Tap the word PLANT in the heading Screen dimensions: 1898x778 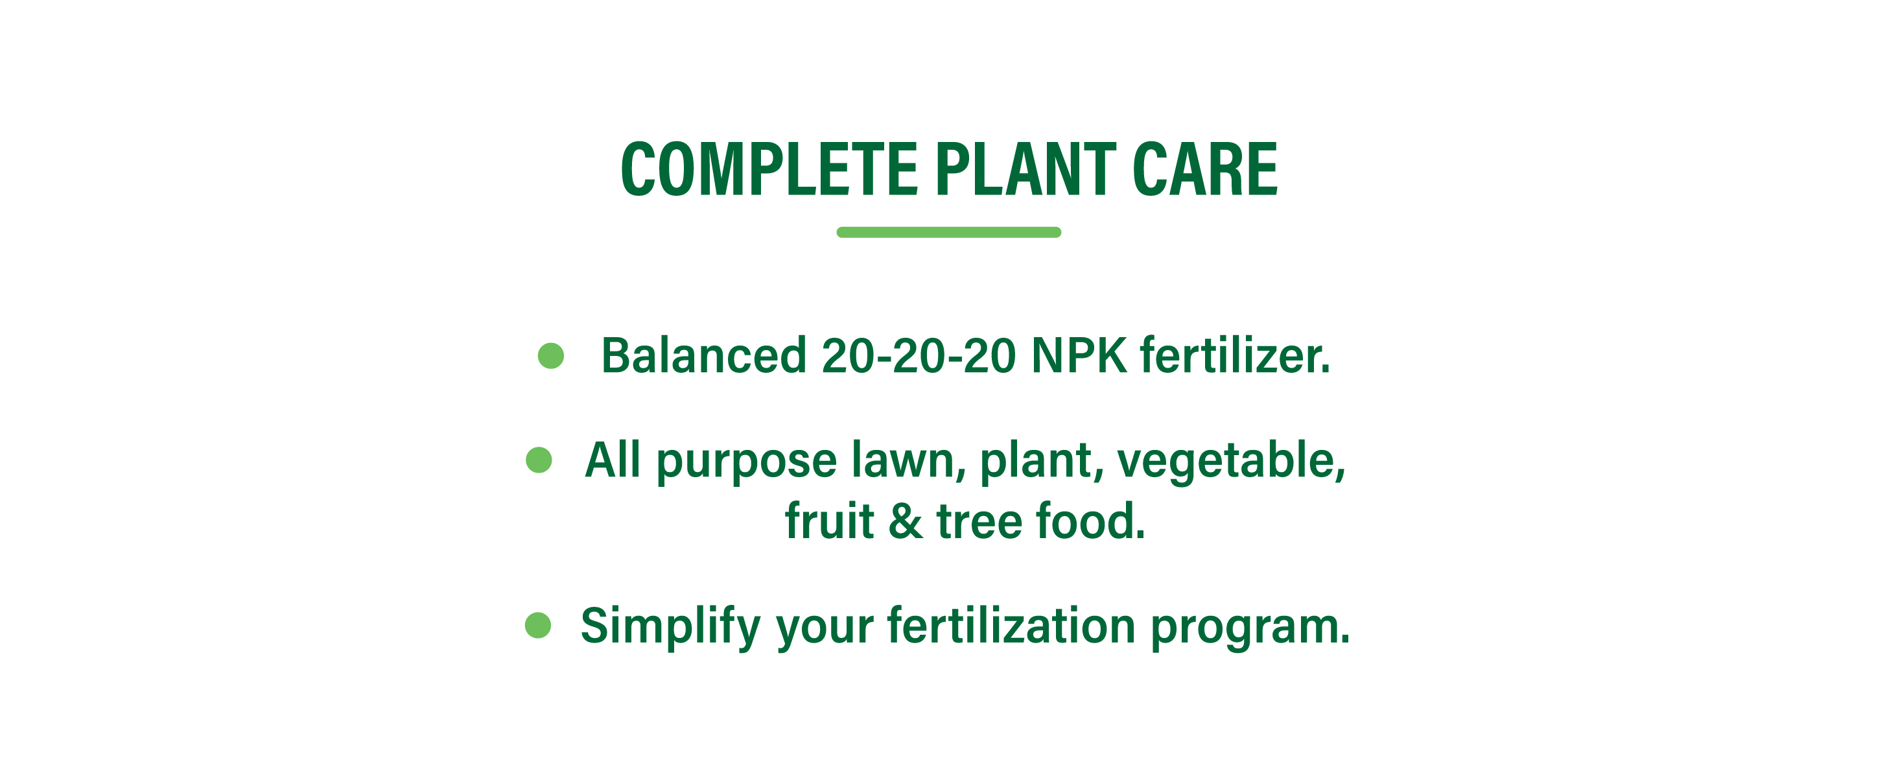tap(1026, 169)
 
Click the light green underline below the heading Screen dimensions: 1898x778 tap(949, 232)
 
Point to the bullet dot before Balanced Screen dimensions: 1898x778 tap(551, 355)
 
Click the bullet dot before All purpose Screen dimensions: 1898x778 tap(539, 460)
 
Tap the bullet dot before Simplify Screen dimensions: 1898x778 tap(538, 626)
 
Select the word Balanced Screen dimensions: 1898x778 tap(703, 355)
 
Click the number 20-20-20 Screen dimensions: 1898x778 tap(919, 355)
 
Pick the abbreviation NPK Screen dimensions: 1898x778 tap(1079, 355)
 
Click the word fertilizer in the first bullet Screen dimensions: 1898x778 tap(1236, 355)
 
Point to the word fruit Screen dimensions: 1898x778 tap(830, 520)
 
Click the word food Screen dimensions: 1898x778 tap(1091, 520)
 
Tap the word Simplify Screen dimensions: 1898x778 tap(670, 627)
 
